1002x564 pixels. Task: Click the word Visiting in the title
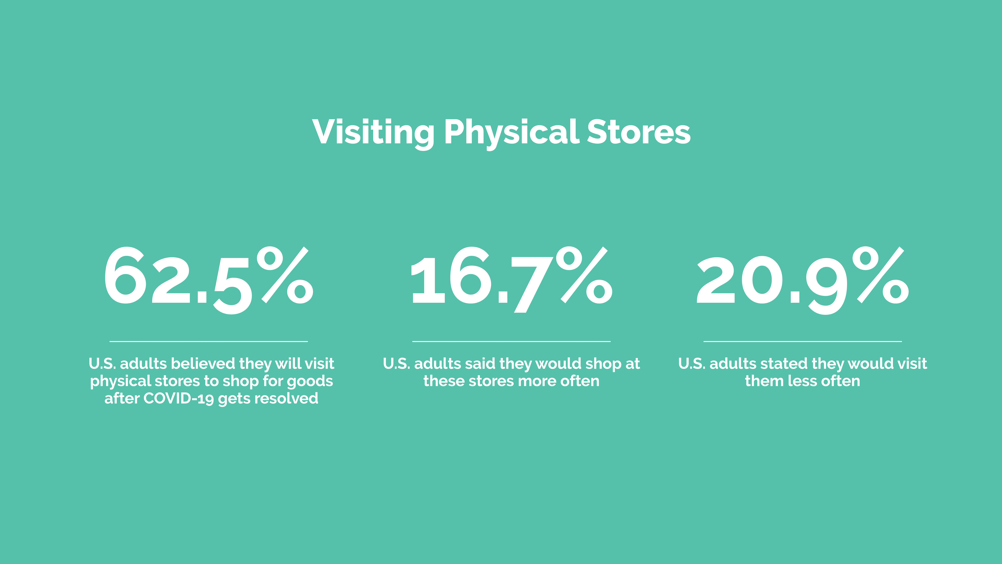point(373,132)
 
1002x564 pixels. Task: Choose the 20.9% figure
point(803,280)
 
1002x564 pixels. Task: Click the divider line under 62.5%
point(209,341)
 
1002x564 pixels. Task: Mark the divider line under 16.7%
point(511,341)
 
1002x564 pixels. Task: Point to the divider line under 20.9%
point(803,341)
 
